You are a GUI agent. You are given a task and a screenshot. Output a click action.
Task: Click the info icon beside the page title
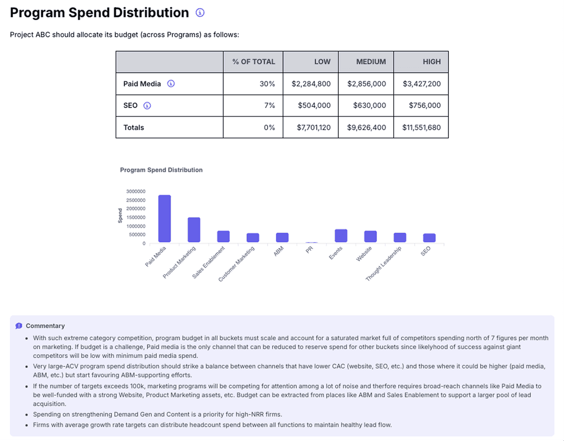pyautogui.click(x=200, y=13)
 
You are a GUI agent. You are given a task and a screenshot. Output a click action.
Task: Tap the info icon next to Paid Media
pyautogui.click(x=171, y=84)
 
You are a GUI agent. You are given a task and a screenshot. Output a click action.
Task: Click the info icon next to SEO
pyautogui.click(x=147, y=106)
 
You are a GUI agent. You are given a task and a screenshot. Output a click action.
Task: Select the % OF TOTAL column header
pyautogui.click(x=253, y=62)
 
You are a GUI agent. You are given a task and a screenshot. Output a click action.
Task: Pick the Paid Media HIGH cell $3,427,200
pyautogui.click(x=421, y=84)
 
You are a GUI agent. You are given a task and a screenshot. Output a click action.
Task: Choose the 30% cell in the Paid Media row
pyautogui.click(x=267, y=84)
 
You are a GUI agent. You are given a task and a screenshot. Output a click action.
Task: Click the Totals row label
pyautogui.click(x=133, y=128)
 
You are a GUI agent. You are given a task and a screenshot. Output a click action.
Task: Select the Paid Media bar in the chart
pyautogui.click(x=164, y=219)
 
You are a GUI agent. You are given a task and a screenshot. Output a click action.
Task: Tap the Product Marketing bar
pyautogui.click(x=194, y=230)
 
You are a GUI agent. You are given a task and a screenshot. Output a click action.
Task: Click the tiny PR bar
pyautogui.click(x=312, y=243)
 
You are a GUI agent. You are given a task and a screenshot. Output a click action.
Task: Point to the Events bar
pyautogui.click(x=341, y=236)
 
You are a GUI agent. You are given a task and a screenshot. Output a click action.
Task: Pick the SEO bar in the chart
pyautogui.click(x=429, y=238)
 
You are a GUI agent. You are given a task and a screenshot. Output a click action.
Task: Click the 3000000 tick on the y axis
pyautogui.click(x=135, y=192)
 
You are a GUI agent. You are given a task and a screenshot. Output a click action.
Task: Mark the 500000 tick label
pyautogui.click(x=137, y=235)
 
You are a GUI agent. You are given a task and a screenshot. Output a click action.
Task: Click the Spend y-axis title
pyautogui.click(x=120, y=216)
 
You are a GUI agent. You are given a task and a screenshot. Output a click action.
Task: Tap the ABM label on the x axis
pyautogui.click(x=279, y=251)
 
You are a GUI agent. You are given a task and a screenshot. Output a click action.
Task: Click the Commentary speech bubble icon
pyautogui.click(x=19, y=326)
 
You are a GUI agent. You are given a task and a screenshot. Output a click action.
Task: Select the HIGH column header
pyautogui.click(x=432, y=62)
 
